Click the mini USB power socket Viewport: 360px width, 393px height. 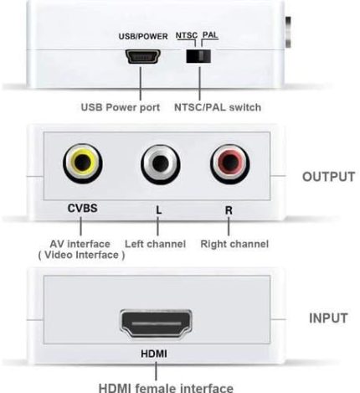coord(142,56)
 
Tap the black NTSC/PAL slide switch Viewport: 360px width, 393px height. coord(198,56)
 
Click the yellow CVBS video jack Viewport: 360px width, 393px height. coord(83,163)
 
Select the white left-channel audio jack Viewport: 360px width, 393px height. coord(160,164)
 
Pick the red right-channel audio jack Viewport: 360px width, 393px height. coord(229,164)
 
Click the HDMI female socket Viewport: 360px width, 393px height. coord(156,323)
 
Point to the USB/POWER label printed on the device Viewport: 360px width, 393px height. coord(143,36)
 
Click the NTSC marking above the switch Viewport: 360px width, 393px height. coord(187,35)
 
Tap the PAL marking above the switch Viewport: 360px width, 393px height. coord(210,35)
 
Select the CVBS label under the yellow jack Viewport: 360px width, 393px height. coord(83,208)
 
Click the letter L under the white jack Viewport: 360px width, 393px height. coord(158,210)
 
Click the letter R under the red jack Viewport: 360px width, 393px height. coord(229,210)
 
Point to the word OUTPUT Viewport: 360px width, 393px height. coord(328,177)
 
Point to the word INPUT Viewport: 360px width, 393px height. coord(328,318)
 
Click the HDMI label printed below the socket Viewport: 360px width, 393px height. coord(154,354)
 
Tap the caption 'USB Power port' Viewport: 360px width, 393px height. coord(121,107)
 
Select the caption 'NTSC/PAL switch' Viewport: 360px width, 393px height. coord(218,107)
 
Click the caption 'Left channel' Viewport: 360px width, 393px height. coord(155,244)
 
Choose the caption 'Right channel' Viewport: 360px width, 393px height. coord(234,244)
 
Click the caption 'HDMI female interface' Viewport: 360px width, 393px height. coord(166,388)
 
